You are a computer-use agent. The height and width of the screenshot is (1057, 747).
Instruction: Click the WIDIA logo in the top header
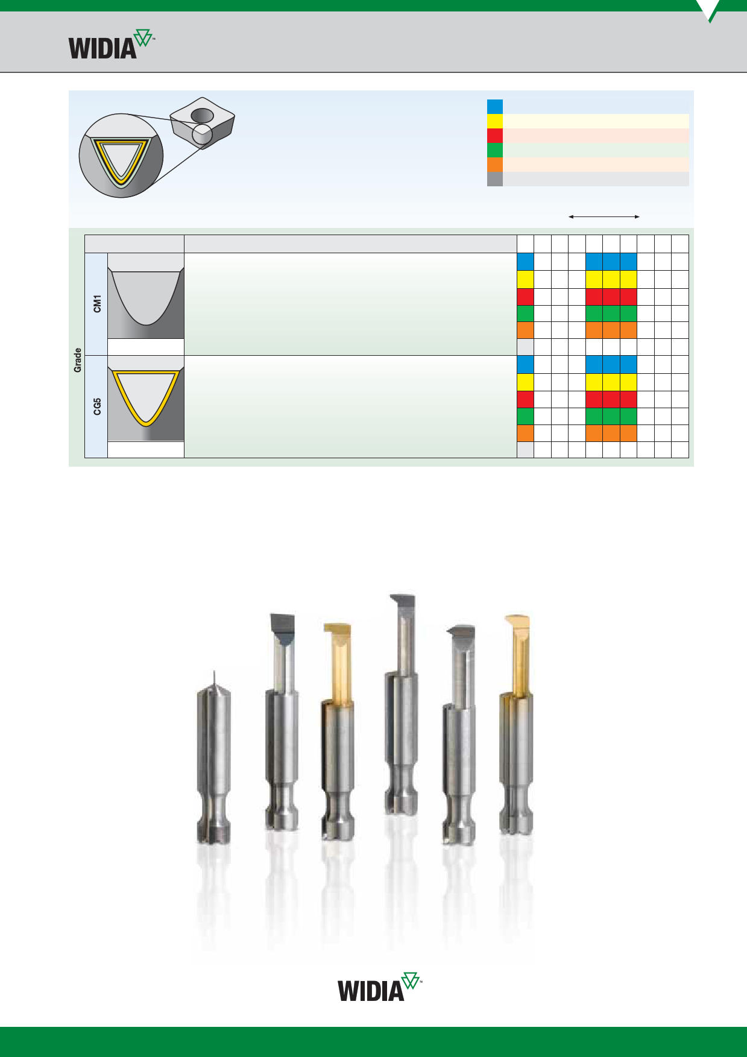pyautogui.click(x=112, y=44)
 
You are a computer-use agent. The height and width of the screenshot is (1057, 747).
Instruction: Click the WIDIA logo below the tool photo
pyautogui.click(x=379, y=986)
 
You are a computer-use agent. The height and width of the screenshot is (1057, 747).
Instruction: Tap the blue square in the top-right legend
pyautogui.click(x=495, y=107)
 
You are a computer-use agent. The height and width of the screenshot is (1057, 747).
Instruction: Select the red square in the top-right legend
pyautogui.click(x=495, y=136)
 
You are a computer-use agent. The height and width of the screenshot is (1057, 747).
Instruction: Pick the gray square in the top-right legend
pyautogui.click(x=495, y=179)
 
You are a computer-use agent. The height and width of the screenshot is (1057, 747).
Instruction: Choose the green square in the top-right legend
pyautogui.click(x=495, y=150)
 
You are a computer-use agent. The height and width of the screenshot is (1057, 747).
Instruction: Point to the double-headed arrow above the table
pyautogui.click(x=604, y=216)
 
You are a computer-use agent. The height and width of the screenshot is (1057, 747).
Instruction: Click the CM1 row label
pyautogui.click(x=97, y=304)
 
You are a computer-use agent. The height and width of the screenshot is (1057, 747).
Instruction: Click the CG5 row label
pyautogui.click(x=97, y=406)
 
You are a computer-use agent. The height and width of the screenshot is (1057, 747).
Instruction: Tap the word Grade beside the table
pyautogui.click(x=77, y=360)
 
